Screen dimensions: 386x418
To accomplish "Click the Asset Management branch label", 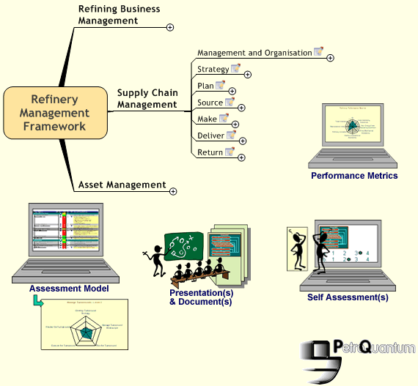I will [x=122, y=185].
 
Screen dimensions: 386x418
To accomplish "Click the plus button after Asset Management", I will [x=173, y=191].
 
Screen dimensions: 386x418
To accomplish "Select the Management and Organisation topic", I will [x=254, y=53].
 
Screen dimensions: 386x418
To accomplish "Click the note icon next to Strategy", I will [x=235, y=69].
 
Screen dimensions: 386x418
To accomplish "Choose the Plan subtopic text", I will [x=205, y=86].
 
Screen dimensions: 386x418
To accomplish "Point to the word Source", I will [x=210, y=103].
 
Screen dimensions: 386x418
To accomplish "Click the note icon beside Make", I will [x=224, y=119].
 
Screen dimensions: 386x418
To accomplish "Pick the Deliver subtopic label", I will [x=210, y=136].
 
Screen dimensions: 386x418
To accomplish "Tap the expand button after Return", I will [x=241, y=157].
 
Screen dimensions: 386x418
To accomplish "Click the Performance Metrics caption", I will [x=354, y=176].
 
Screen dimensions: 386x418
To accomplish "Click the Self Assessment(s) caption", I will [x=348, y=297].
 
